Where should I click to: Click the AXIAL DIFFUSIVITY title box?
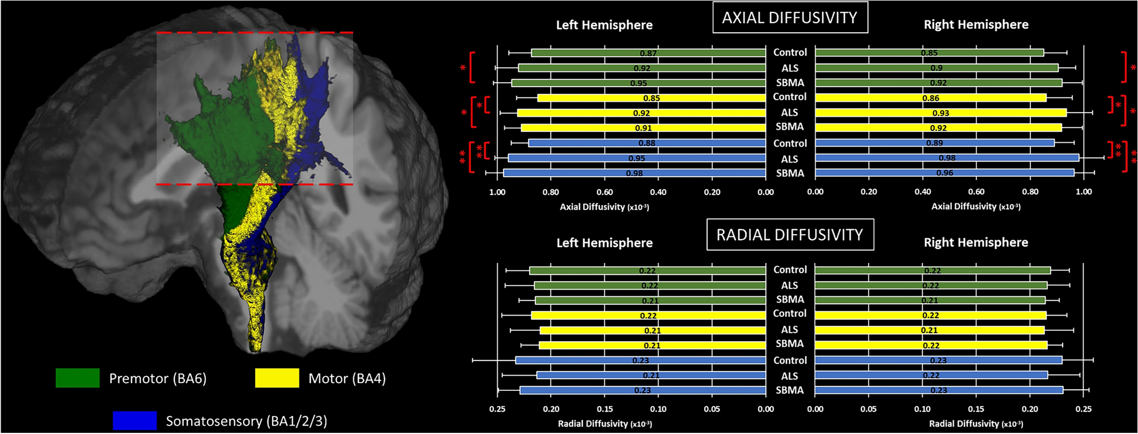click(x=790, y=18)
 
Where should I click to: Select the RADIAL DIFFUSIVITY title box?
click(x=790, y=235)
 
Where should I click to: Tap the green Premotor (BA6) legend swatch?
click(x=78, y=378)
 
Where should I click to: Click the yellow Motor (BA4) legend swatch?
click(x=277, y=378)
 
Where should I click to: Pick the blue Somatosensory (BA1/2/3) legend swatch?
click(x=135, y=420)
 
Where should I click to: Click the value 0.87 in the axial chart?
click(x=648, y=53)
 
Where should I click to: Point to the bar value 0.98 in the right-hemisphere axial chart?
click(x=947, y=158)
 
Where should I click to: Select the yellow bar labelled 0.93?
click(x=941, y=113)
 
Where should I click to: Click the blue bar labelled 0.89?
click(x=934, y=143)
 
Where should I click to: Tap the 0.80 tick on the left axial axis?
click(x=551, y=192)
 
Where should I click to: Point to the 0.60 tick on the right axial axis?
click(x=976, y=192)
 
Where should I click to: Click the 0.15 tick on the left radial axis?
click(x=604, y=409)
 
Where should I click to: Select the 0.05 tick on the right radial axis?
click(x=869, y=409)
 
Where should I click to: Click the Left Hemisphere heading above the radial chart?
click(x=604, y=243)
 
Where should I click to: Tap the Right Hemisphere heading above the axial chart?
click(x=976, y=24)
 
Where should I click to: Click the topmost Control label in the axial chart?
click(x=790, y=52)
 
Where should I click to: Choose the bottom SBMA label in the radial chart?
click(x=790, y=390)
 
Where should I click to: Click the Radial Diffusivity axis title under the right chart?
click(x=976, y=424)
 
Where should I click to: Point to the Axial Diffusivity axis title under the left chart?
click(x=604, y=207)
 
